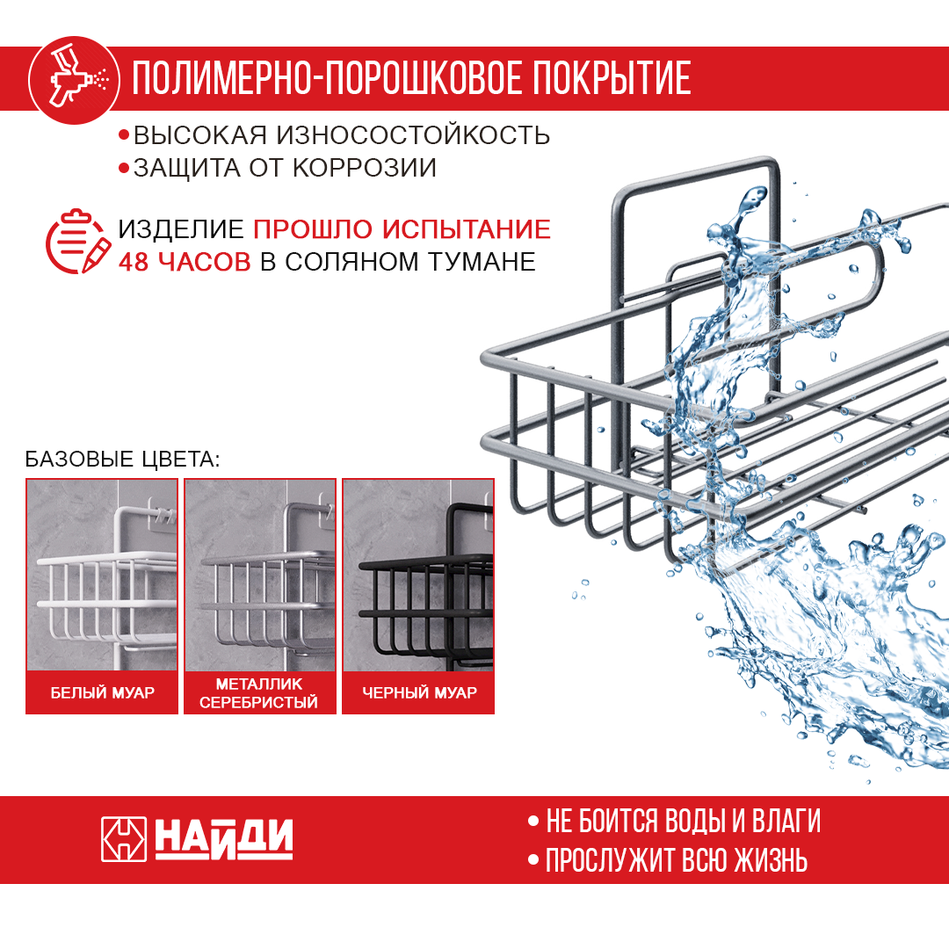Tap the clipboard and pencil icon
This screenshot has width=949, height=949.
[x=77, y=243]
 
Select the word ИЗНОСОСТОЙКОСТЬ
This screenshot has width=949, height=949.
[x=413, y=136]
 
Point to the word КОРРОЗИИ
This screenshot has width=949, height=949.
[x=365, y=168]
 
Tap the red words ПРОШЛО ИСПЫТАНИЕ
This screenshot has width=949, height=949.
[x=402, y=230]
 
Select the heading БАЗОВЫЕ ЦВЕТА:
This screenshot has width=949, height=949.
[x=122, y=460]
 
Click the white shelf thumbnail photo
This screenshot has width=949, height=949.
[x=102, y=575]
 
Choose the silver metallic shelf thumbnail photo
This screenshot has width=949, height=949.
[x=260, y=575]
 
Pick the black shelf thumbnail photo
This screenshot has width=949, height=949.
[x=418, y=575]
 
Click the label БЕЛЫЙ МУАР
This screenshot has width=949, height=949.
[x=102, y=693]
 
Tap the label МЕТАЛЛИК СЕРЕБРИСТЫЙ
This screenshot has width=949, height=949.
[x=260, y=693]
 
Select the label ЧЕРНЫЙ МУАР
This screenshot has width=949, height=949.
[x=419, y=693]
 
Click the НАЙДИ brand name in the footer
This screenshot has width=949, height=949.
[x=224, y=839]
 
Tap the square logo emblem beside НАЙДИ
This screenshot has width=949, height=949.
[x=124, y=840]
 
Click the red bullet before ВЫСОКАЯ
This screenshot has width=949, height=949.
[x=125, y=136]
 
